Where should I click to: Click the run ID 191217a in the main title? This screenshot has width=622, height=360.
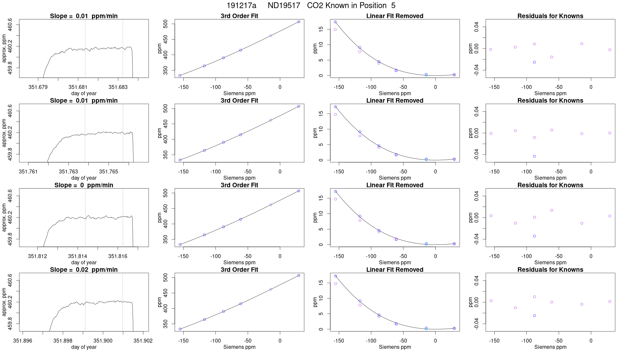(241, 6)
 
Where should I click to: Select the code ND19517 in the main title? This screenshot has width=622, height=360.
(284, 6)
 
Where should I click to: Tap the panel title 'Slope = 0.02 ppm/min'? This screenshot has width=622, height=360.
(84, 270)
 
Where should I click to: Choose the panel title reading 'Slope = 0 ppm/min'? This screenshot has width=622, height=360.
(84, 185)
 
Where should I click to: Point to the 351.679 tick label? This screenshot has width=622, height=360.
(38, 87)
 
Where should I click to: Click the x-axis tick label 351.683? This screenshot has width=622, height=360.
(118, 87)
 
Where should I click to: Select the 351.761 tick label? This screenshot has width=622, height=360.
(28, 171)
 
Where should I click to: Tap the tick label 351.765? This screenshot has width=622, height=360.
(109, 171)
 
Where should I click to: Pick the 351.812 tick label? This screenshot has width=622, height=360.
(38, 256)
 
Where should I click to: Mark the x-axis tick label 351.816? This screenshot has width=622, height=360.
(118, 256)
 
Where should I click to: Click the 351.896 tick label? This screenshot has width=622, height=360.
(23, 341)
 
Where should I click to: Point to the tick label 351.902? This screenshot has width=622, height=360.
(143, 341)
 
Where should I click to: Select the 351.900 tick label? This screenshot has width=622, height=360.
(103, 341)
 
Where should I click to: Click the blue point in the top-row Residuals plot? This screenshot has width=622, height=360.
(534, 62)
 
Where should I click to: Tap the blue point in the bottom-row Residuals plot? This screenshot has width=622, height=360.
(534, 315)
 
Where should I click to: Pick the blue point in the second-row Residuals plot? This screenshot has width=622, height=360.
(534, 156)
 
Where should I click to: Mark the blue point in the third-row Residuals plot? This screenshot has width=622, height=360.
(534, 236)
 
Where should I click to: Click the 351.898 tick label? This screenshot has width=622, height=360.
(63, 341)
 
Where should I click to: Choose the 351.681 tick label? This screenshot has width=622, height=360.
(78, 87)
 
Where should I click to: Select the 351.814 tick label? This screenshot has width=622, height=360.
(78, 256)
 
